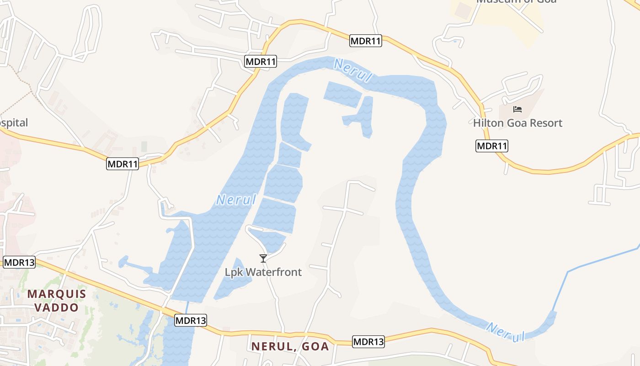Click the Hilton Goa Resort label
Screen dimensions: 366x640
point(517,123)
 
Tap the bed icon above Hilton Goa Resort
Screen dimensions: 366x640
point(517,109)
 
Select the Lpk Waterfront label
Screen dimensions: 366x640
point(263,272)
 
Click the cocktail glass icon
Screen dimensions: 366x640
point(263,258)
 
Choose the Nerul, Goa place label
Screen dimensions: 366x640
point(290,346)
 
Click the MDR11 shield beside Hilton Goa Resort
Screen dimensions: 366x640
point(492,146)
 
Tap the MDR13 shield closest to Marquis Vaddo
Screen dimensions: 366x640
point(19,263)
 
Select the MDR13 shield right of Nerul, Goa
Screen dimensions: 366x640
point(368,341)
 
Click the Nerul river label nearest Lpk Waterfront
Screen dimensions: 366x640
point(236,199)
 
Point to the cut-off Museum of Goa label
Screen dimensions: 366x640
point(516,2)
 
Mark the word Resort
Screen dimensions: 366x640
point(547,123)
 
